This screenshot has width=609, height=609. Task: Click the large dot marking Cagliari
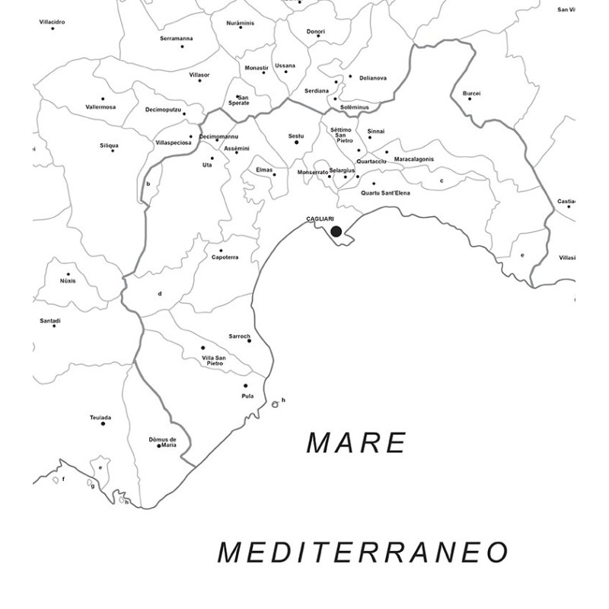pyautogui.click(x=336, y=231)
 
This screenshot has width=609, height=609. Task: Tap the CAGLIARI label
pyautogui.click(x=320, y=219)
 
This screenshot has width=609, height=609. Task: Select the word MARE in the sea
pyautogui.click(x=356, y=442)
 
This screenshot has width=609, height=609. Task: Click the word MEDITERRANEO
pyautogui.click(x=362, y=553)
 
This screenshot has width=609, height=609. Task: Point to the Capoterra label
pyautogui.click(x=225, y=257)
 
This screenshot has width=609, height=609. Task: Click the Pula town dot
pyautogui.click(x=246, y=386)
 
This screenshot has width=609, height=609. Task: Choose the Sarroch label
pyautogui.click(x=239, y=336)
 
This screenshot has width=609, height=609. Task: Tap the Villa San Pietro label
pyautogui.click(x=213, y=361)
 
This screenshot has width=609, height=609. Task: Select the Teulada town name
pyautogui.click(x=100, y=417)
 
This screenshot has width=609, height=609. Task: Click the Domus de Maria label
pyautogui.click(x=162, y=442)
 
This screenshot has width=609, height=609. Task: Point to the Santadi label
pyautogui.click(x=50, y=320)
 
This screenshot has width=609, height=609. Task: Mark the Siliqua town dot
pyautogui.click(x=113, y=151)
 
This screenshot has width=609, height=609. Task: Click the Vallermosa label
pyautogui.click(x=100, y=107)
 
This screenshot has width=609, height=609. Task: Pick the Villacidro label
pyautogui.click(x=52, y=22)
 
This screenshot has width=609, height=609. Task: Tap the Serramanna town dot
pyautogui.click(x=182, y=46)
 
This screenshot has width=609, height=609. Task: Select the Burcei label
pyautogui.click(x=471, y=93)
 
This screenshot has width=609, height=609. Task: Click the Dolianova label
pyautogui.click(x=373, y=78)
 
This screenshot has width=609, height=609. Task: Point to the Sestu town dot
pyautogui.click(x=296, y=142)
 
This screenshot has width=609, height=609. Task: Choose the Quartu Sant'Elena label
pyautogui.click(x=385, y=193)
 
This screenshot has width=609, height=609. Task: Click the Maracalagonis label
pyautogui.click(x=414, y=158)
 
